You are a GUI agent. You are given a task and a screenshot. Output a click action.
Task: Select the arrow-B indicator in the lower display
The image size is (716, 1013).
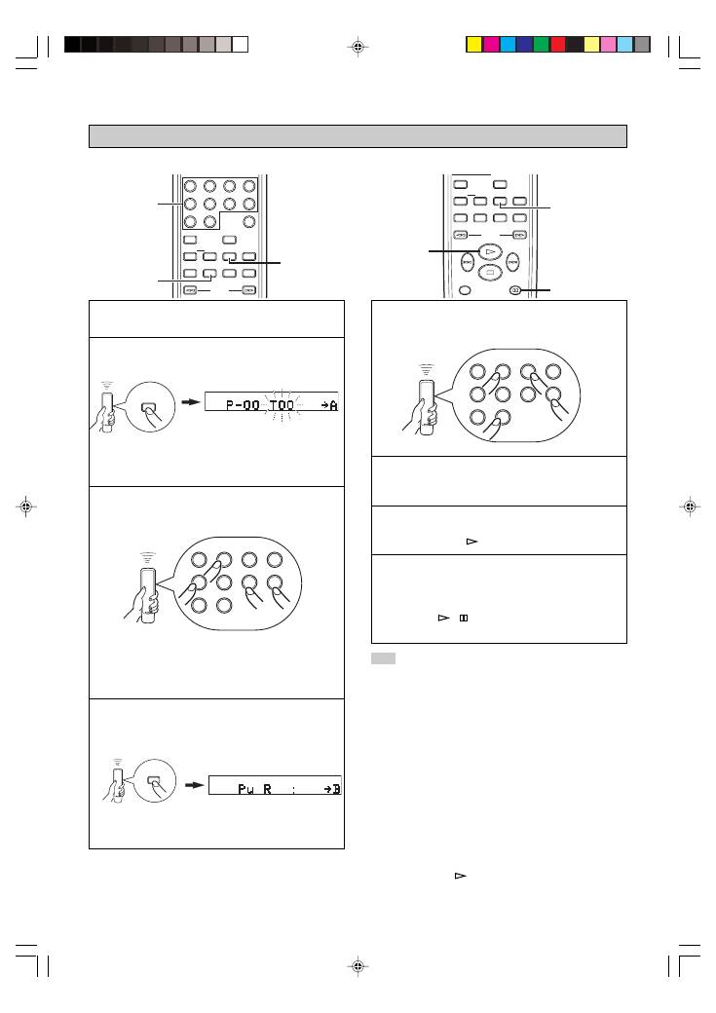pos(331,789)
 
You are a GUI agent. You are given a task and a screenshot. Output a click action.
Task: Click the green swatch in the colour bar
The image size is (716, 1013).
pos(541,44)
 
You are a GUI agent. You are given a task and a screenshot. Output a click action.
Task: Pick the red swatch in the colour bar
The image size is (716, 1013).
pos(558,44)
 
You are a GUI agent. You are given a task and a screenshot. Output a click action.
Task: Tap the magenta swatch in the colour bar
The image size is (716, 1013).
pos(491,44)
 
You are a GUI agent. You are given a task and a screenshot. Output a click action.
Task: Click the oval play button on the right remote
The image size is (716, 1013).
pos(491,251)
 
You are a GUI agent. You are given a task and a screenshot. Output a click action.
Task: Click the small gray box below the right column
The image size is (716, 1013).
pos(383,659)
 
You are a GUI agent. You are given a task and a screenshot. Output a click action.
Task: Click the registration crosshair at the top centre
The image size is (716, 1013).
pos(358,46)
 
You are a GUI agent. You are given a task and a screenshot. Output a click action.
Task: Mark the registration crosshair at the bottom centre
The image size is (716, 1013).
pos(358,966)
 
